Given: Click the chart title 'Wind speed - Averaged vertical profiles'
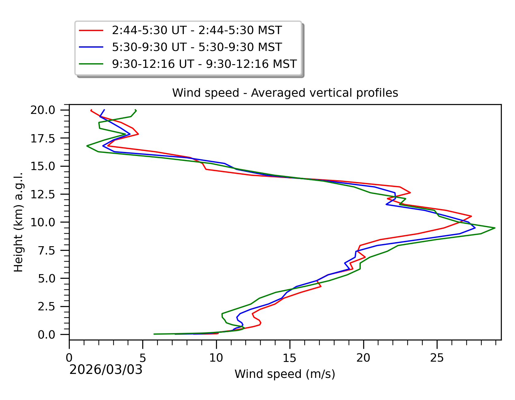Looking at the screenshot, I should click(285, 93).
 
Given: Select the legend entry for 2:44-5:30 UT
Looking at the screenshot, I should click(197, 30).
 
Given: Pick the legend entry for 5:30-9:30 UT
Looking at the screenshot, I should click(197, 47).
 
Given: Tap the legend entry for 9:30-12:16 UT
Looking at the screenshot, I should click(204, 64).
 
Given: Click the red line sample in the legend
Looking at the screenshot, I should click(91, 30).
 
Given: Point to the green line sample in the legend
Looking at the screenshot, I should click(91, 64).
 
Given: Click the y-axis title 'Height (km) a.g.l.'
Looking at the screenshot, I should click(18, 222).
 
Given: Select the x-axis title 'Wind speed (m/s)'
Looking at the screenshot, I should click(285, 374).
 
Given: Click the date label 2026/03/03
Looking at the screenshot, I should click(106, 370).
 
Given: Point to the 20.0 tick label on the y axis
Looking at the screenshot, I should click(47, 110).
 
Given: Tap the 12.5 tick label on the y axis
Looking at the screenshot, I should click(47, 194).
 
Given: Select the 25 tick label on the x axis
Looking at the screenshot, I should click(437, 358).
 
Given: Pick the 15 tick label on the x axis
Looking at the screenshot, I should click(289, 358).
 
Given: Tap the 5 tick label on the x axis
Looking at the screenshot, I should click(143, 358).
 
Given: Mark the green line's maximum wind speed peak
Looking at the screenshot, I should click(495, 228).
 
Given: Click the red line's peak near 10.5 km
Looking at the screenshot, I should click(471, 216).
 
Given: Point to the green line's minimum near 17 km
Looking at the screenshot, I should click(87, 146).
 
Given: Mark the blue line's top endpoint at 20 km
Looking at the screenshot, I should click(104, 110).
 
